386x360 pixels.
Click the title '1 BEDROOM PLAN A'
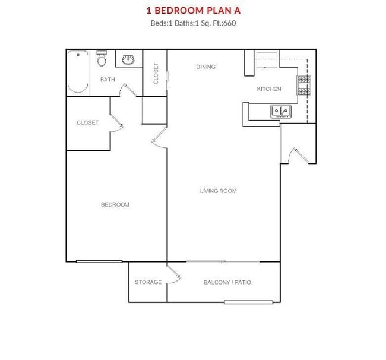(x=192, y=10)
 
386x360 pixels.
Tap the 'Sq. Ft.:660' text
(x=222, y=24)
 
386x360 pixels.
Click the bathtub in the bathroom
(x=78, y=73)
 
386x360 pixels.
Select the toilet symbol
(x=102, y=59)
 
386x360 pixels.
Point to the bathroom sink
(x=128, y=59)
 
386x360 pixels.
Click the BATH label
(x=107, y=79)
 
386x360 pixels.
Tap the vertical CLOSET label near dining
(x=156, y=74)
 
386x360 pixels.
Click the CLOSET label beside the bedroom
(x=87, y=122)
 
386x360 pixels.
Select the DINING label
(x=205, y=67)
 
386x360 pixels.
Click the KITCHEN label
(x=268, y=89)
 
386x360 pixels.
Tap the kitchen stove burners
(x=303, y=85)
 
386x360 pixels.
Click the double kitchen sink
(x=280, y=110)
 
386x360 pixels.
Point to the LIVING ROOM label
(x=218, y=191)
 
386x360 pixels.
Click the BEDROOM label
(x=115, y=204)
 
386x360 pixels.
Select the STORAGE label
(x=148, y=282)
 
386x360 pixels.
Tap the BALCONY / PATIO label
(x=227, y=282)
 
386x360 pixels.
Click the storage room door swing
(x=174, y=274)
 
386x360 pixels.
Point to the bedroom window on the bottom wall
(x=99, y=261)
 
